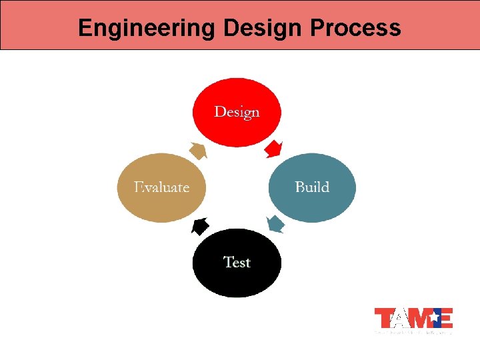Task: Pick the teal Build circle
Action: (312, 188)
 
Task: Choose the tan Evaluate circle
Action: (161, 188)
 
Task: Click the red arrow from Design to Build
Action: (273, 149)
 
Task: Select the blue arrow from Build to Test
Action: (275, 223)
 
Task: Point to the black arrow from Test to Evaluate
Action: (199, 227)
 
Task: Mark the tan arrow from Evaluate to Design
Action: (198, 150)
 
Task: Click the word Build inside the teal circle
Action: (312, 187)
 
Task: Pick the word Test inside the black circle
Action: (237, 262)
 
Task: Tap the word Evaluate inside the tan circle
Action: (161, 187)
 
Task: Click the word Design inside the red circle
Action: (237, 111)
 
